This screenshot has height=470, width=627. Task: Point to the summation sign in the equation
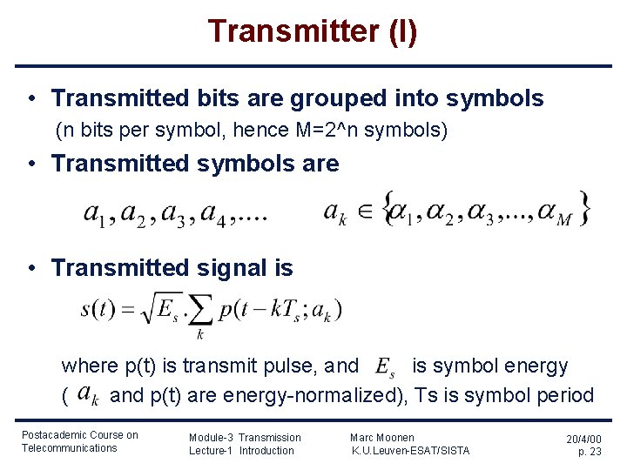[200, 311]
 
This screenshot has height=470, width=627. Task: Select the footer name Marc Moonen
[382, 437]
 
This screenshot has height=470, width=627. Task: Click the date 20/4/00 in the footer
[583, 440]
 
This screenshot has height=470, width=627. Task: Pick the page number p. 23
[590, 452]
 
